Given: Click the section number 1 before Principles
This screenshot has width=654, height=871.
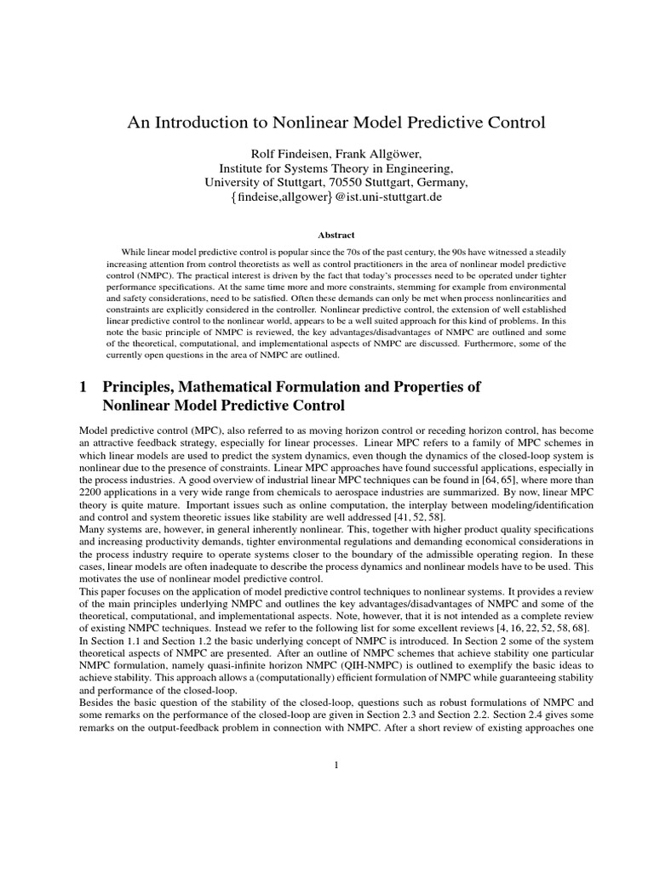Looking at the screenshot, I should point(83,387).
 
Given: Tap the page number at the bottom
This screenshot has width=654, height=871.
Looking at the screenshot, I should point(336,765).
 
